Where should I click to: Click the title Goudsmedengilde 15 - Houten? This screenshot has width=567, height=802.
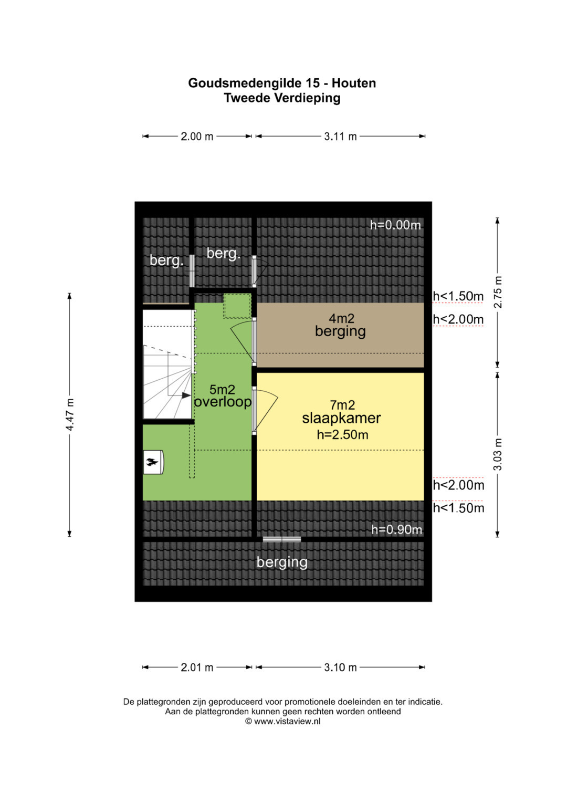pyautogui.click(x=282, y=83)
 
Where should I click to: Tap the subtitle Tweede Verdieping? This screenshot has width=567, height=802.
pyautogui.click(x=282, y=98)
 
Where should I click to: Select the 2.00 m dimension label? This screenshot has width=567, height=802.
pyautogui.click(x=197, y=137)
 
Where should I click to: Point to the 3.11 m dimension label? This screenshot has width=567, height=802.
pyautogui.click(x=340, y=137)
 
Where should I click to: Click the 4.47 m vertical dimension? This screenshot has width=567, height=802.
pyautogui.click(x=70, y=414)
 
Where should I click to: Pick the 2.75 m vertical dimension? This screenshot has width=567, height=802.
pyautogui.click(x=498, y=292)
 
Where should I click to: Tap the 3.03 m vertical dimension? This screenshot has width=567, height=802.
pyautogui.click(x=498, y=454)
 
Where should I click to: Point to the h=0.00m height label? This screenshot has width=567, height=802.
pyautogui.click(x=395, y=225)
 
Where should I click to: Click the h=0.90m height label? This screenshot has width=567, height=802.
pyautogui.click(x=396, y=529)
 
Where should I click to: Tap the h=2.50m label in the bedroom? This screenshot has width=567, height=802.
pyautogui.click(x=342, y=435)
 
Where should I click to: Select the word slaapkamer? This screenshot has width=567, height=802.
pyautogui.click(x=341, y=419)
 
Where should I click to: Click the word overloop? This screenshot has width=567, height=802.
pyautogui.click(x=223, y=402)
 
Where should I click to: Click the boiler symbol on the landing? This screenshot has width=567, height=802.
pyautogui.click(x=153, y=462)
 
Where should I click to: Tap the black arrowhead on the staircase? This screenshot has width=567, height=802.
pyautogui.click(x=186, y=395)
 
